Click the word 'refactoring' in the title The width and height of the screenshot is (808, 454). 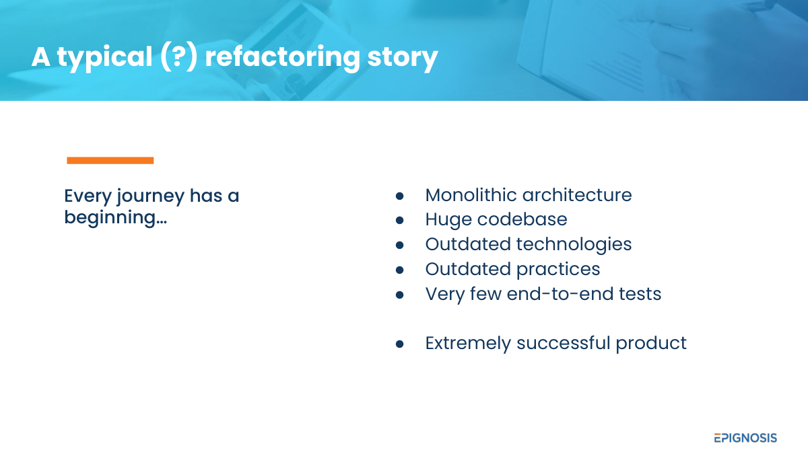coord(282,56)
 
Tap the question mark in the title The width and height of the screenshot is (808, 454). coord(178,56)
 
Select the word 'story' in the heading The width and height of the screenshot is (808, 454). coord(403,58)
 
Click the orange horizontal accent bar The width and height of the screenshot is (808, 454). coord(110,160)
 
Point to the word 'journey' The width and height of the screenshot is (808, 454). coord(150,196)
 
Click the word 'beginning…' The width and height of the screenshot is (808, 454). coord(115,218)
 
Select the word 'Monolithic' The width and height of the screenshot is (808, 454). coord(471,195)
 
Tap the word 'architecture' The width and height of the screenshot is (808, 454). coord(577,195)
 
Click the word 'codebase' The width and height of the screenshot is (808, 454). coord(523,219)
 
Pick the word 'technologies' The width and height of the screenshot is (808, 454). coord(574,245)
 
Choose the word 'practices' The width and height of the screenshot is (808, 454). coord(558,270)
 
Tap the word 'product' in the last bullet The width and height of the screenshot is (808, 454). coord(651,344)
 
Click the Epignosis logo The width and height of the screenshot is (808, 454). coord(745,438)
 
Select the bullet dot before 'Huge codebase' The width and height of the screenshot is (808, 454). coord(400,220)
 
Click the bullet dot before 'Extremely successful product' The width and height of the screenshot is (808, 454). coord(400,344)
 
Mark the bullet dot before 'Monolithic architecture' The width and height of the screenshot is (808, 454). coord(400,196)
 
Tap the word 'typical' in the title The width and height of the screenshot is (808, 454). coord(105,58)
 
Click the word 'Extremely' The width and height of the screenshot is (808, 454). coord(468,344)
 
